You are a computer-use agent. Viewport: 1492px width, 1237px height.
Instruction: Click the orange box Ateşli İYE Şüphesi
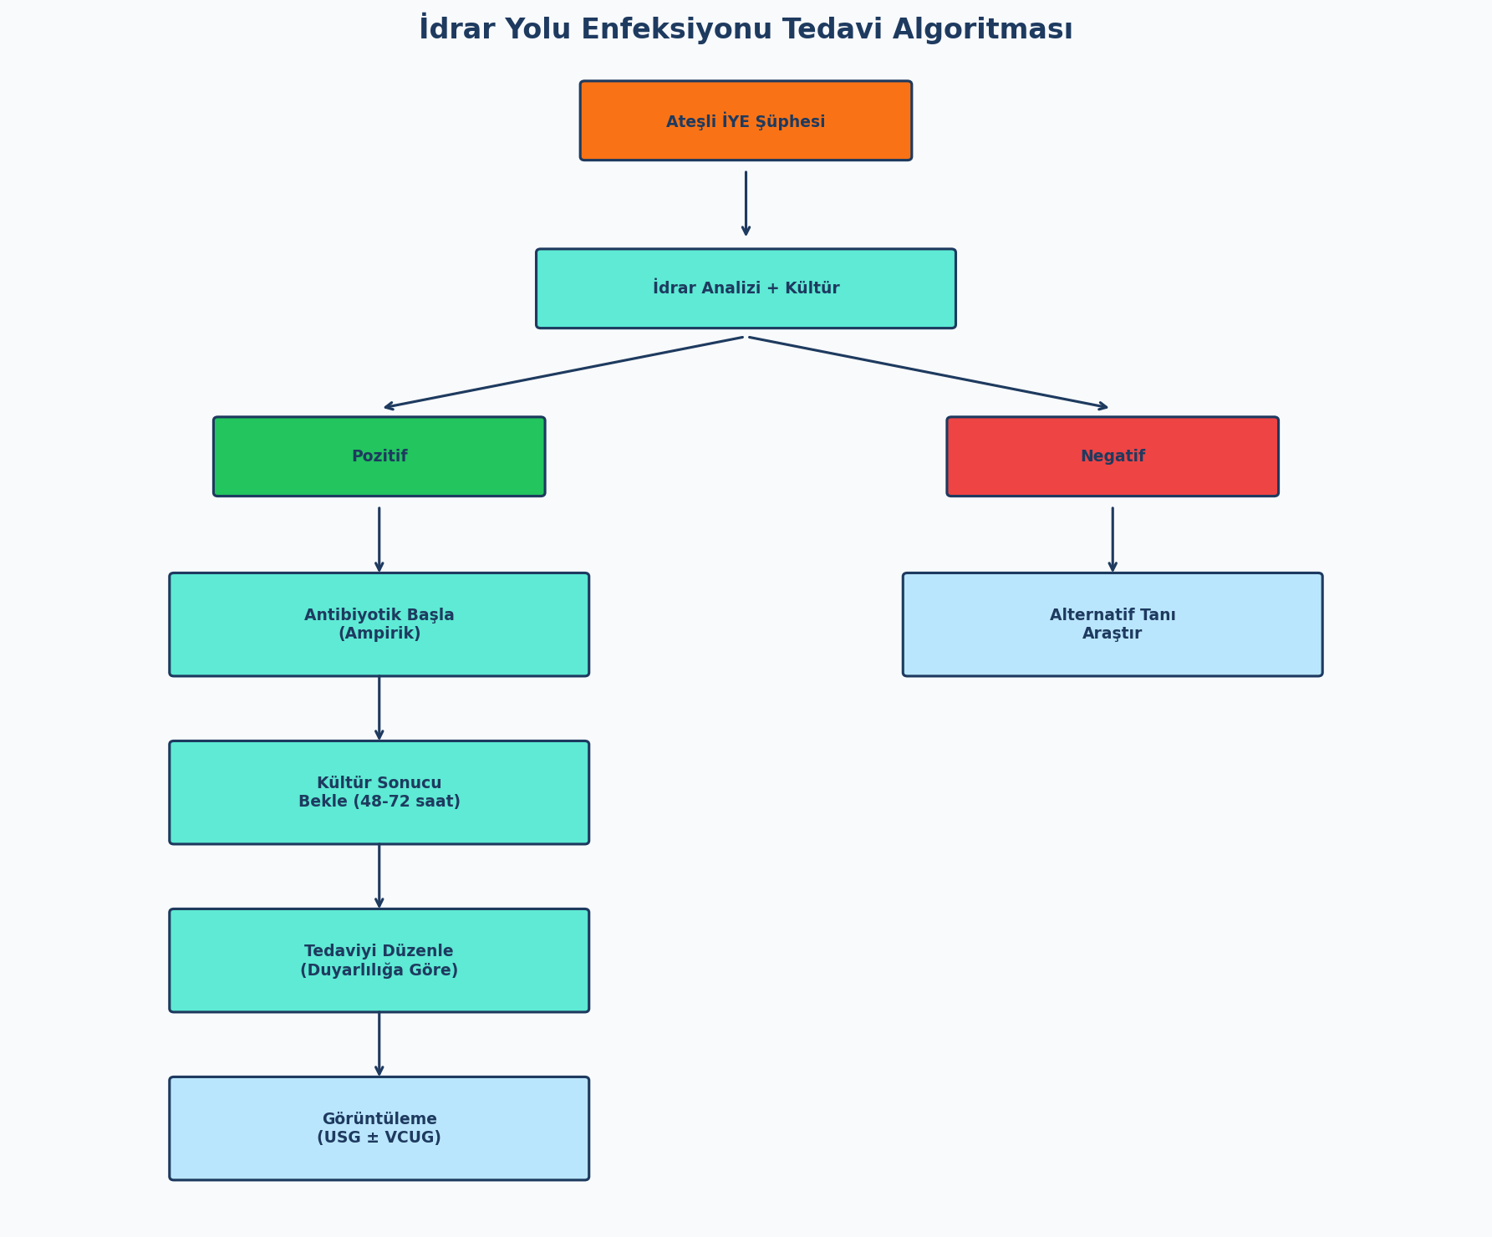(746, 120)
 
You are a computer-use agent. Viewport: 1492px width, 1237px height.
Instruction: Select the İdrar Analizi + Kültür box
(746, 288)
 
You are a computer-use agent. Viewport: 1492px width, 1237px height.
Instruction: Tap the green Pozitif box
(379, 456)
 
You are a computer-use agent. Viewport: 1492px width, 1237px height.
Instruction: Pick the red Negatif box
(1113, 456)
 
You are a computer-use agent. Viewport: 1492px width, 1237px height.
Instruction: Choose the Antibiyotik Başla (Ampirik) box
(379, 624)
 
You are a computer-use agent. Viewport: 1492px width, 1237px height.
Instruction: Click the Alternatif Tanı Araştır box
(1113, 624)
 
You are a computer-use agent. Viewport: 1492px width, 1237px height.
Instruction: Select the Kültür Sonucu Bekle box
(379, 792)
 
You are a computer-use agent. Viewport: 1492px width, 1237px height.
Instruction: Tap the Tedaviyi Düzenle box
(379, 960)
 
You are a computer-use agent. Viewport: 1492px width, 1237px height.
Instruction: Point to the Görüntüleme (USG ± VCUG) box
(379, 1128)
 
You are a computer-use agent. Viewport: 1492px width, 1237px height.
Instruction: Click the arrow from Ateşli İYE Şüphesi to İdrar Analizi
(746, 204)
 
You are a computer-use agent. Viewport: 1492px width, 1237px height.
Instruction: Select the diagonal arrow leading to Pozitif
(563, 373)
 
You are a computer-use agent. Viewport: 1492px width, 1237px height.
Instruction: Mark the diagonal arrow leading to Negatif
(929, 373)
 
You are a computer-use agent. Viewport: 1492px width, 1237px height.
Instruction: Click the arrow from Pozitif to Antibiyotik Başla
(379, 540)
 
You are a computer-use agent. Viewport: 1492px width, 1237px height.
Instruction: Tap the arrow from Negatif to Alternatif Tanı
(1113, 540)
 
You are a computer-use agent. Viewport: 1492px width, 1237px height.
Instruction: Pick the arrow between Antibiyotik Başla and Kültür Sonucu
(379, 709)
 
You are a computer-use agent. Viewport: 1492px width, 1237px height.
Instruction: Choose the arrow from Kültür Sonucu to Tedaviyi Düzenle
(379, 877)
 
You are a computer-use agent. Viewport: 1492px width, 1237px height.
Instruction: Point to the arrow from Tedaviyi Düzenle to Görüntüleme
(379, 1045)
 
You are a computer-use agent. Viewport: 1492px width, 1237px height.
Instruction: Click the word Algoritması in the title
(983, 30)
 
